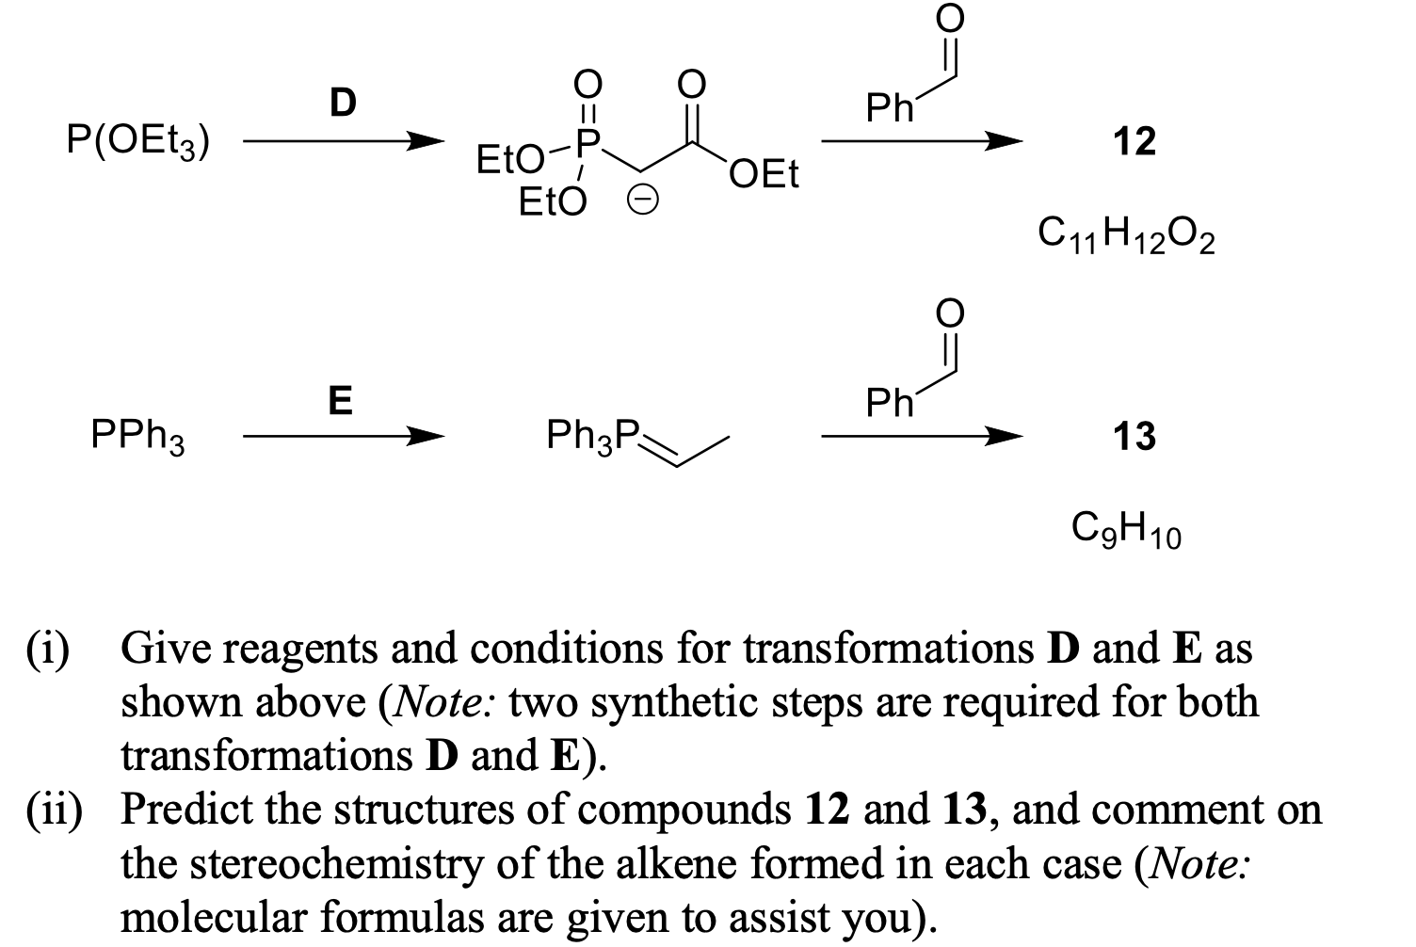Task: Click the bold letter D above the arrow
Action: [343, 103]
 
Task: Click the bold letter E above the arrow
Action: [341, 401]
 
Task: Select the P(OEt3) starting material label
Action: [138, 142]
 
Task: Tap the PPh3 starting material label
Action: [137, 437]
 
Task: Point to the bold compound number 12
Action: [1134, 142]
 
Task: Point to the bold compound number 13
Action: [1134, 437]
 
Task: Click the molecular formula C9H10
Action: [1126, 529]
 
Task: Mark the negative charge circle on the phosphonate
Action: [643, 201]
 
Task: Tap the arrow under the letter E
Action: [343, 437]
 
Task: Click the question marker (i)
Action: [48, 650]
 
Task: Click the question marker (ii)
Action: [54, 811]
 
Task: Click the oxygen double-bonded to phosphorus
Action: [587, 85]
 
